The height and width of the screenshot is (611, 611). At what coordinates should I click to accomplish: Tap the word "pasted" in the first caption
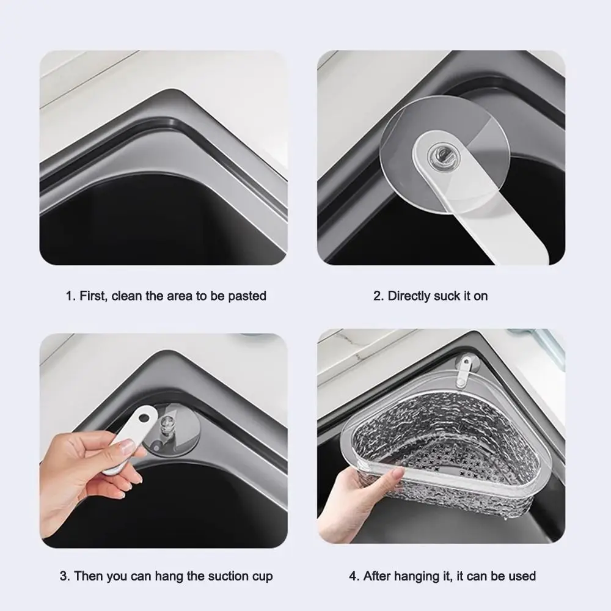click(x=247, y=296)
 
